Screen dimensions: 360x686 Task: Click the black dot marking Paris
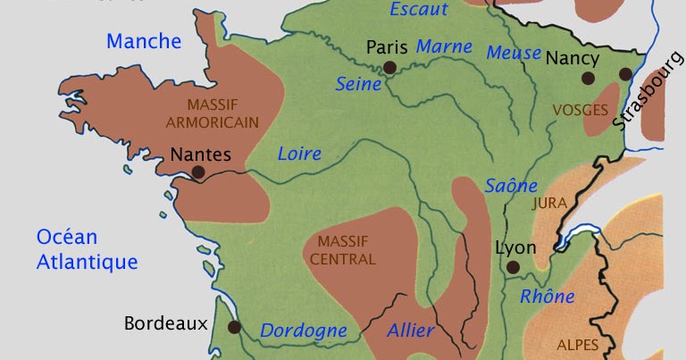pos(389,67)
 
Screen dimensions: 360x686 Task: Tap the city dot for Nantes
pos(197,172)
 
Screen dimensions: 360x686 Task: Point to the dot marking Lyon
pos(512,266)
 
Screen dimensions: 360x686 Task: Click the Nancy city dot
pos(588,78)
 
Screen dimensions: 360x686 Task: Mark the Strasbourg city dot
pos(626,74)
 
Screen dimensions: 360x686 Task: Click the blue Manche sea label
pos(144,41)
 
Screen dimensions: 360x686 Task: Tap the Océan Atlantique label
pos(87,249)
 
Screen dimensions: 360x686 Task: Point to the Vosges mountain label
pos(580,110)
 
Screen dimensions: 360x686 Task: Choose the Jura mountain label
pos(548,203)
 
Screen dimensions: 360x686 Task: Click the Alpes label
pos(577,345)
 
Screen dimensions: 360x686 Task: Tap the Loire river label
pos(299,153)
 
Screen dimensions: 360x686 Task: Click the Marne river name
pos(444,46)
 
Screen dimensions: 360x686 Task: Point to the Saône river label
pos(511,186)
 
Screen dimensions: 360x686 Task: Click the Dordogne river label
pos(303,331)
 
